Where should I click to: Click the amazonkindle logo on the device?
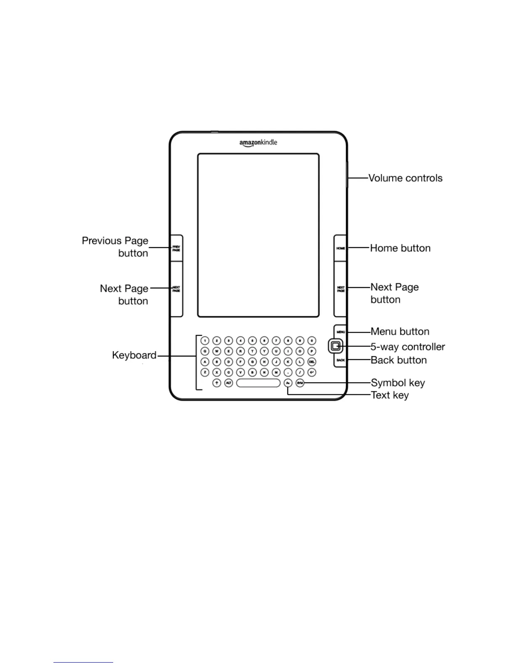point(258,143)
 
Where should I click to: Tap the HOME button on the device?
point(340,248)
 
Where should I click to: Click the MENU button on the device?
point(340,332)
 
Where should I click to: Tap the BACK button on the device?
point(340,360)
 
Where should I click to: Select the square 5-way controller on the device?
point(335,346)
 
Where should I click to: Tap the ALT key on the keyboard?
point(228,383)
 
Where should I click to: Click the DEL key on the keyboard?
point(312,362)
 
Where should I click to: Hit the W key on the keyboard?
point(217,351)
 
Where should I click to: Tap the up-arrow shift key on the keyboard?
point(217,383)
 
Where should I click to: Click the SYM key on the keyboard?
point(300,383)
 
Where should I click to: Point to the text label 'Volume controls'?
point(405,178)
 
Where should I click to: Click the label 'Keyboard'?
point(134,355)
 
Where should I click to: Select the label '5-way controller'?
point(407,347)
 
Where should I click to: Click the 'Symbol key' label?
point(398,383)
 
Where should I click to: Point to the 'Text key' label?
point(390,395)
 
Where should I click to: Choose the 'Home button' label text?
point(400,248)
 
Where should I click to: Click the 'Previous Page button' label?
point(115,247)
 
